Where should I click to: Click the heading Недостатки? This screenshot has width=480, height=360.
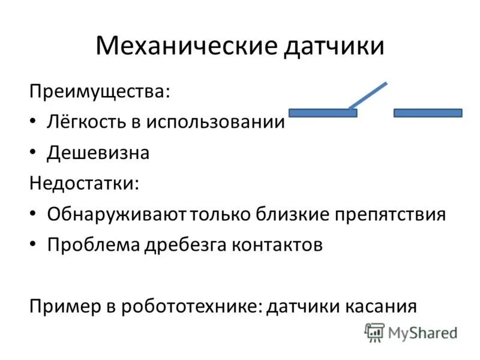(x=84, y=183)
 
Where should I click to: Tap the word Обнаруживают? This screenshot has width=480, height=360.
(x=118, y=214)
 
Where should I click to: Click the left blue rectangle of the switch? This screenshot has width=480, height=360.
(x=323, y=113)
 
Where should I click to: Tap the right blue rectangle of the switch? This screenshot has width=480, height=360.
(x=428, y=113)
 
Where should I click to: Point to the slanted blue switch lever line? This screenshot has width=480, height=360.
(x=368, y=96)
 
